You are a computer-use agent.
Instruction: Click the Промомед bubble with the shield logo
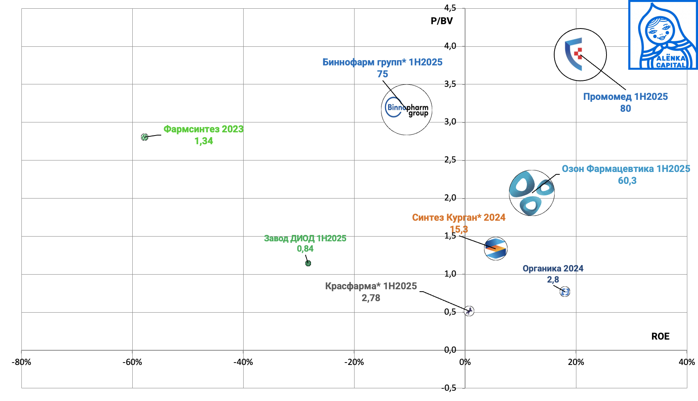580,55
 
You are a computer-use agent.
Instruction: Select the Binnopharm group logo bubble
406,110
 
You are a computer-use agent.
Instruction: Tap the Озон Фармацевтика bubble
532,193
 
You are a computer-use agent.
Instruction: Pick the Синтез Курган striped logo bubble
496,249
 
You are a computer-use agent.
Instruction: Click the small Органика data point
565,292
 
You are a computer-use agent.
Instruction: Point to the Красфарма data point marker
469,311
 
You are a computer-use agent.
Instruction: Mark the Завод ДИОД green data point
308,263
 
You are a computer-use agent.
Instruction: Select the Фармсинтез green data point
145,137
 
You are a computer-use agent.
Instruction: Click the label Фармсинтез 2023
203,129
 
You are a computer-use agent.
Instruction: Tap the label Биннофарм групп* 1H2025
382,62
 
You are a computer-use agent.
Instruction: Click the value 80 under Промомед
626,109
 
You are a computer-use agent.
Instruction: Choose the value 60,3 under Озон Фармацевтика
627,181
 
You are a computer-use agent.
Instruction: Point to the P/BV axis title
442,21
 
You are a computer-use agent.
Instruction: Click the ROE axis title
660,336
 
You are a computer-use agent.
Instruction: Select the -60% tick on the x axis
132,362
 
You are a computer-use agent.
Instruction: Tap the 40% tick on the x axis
687,362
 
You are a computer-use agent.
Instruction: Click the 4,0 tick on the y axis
450,46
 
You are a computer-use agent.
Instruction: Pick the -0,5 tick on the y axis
449,388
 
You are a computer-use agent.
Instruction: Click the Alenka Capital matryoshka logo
663,35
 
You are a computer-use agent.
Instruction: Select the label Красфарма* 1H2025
371,286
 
